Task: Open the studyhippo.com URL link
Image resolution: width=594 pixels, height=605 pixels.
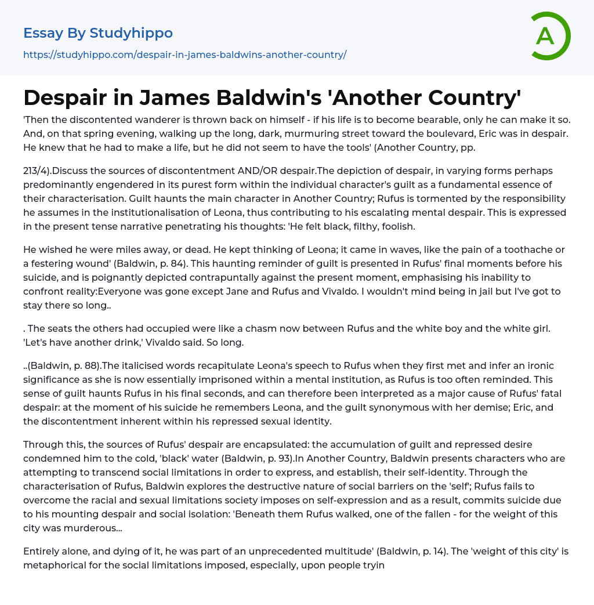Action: click(184, 55)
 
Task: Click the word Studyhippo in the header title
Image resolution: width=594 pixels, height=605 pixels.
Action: click(131, 33)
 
